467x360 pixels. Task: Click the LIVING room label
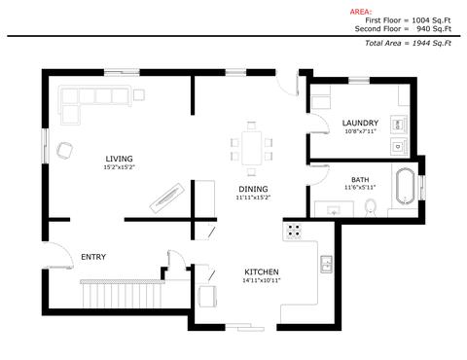[119, 159]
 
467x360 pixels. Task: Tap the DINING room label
[253, 189]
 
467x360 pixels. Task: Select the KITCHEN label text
[262, 271]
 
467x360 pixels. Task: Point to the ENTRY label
[93, 257]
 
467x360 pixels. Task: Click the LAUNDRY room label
[360, 123]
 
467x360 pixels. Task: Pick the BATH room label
[360, 180]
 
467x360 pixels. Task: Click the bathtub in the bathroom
[405, 186]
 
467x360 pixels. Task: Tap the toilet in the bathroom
[371, 208]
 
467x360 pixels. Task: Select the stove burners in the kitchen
[294, 231]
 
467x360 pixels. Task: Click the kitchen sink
[326, 264]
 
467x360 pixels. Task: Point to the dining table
[251, 148]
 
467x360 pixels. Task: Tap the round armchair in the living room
[64, 151]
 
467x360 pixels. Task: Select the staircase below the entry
[123, 294]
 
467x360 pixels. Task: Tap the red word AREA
[361, 12]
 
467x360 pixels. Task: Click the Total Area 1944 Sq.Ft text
[408, 43]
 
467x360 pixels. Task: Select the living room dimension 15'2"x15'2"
[119, 167]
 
